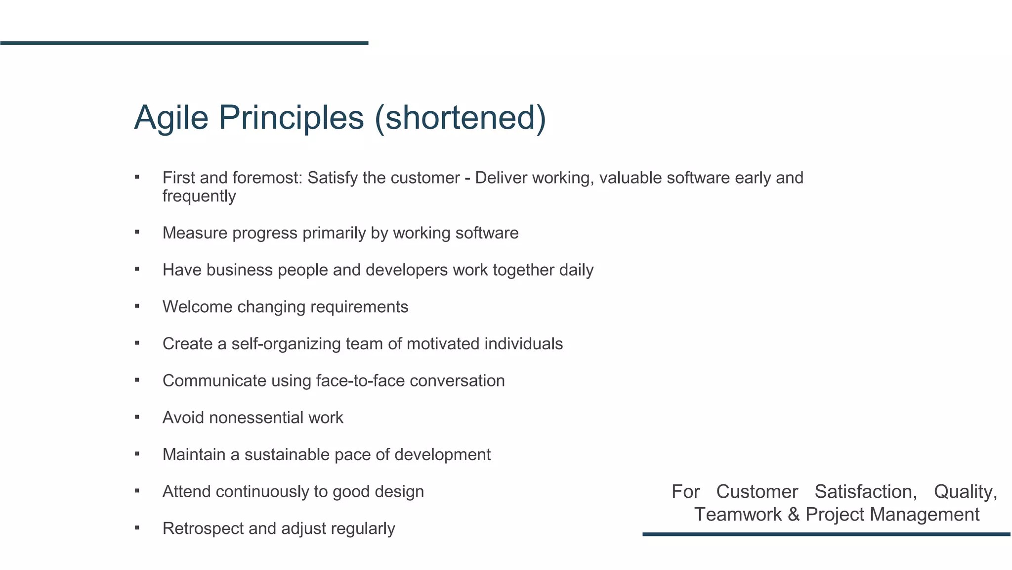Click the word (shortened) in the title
click(x=460, y=118)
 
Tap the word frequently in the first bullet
click(x=199, y=196)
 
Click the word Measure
click(x=195, y=233)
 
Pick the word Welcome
click(x=197, y=307)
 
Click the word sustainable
click(x=287, y=455)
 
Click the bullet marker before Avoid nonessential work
click(x=137, y=417)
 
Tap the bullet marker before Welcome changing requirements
click(x=137, y=306)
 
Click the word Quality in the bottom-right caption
click(x=965, y=492)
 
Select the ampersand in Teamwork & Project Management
click(x=794, y=515)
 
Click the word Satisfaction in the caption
click(x=865, y=492)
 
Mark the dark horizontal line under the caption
click(x=826, y=534)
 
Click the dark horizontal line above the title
click(x=184, y=43)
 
